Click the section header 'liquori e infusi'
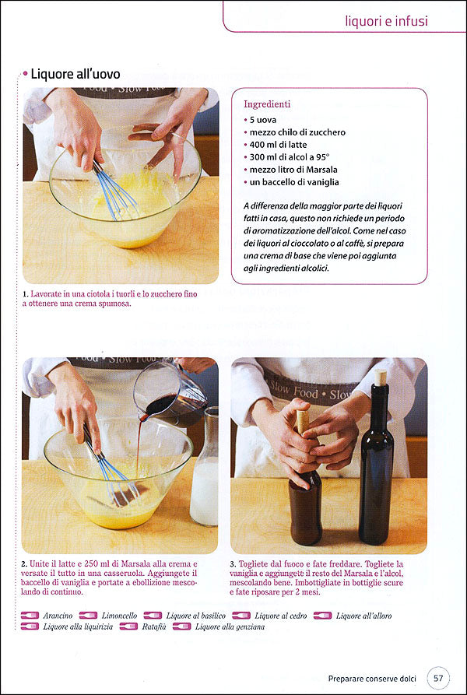click(386, 21)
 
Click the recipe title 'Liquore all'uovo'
click(75, 75)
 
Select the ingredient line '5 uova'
click(263, 120)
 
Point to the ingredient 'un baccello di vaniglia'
click(294, 182)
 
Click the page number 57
click(438, 678)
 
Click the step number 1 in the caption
click(26, 294)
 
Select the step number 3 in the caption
click(233, 563)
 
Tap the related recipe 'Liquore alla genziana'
click(230, 626)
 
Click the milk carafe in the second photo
click(204, 475)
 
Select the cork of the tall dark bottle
click(381, 377)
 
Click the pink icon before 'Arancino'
click(30, 616)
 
